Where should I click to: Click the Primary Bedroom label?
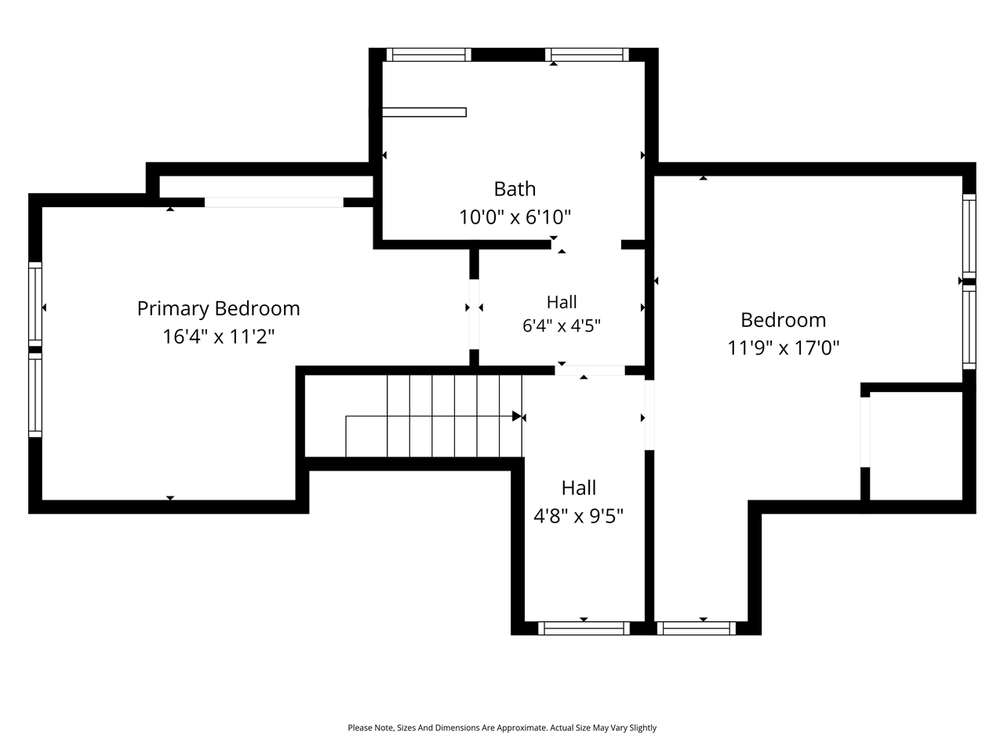pos(219,309)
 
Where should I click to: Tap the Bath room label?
pos(515,189)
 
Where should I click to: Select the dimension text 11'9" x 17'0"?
pos(783,347)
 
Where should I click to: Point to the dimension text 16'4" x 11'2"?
pos(219,336)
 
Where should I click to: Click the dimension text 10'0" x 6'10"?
pos(515,216)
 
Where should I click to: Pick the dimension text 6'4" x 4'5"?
pos(562,326)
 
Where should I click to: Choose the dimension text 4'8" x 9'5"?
pos(578,515)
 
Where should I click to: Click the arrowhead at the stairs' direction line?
pos(517,416)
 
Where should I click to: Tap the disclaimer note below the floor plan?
pos(502,727)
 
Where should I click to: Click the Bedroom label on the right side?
pos(783,320)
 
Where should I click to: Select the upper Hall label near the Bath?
pos(562,302)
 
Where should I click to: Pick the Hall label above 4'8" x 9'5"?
pos(579,488)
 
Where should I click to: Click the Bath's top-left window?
pos(428,54)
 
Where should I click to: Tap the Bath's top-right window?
pos(587,54)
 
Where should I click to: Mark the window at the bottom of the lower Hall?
pos(584,628)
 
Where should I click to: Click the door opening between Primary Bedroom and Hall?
pos(474,314)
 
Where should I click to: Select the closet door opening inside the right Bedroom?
pos(865,432)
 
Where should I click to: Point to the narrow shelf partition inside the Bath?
pos(424,112)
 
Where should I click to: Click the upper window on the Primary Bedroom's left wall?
pos(35,304)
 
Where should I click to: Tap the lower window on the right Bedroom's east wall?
pos(969,327)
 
